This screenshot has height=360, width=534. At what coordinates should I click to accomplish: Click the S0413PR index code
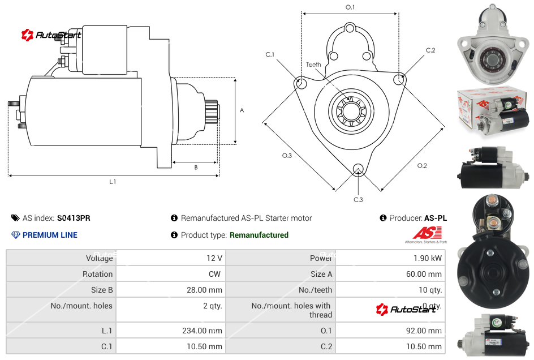(73, 218)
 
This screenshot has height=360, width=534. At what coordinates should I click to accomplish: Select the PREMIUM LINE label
(50, 235)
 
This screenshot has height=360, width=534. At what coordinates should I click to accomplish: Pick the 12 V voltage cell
(214, 258)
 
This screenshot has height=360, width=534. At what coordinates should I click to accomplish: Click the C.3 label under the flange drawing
(358, 199)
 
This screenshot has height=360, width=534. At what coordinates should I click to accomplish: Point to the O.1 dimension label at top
(350, 7)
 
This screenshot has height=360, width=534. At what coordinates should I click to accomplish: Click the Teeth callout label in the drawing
(313, 65)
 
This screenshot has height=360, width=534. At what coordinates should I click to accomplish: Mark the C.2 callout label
(430, 50)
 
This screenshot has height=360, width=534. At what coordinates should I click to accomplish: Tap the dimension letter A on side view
(242, 110)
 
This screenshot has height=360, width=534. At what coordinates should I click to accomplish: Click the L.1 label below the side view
(113, 182)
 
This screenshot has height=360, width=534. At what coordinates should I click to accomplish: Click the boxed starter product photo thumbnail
(492, 111)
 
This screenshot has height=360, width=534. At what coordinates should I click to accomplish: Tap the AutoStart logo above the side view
(51, 35)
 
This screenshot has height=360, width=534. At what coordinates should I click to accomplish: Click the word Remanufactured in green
(259, 235)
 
